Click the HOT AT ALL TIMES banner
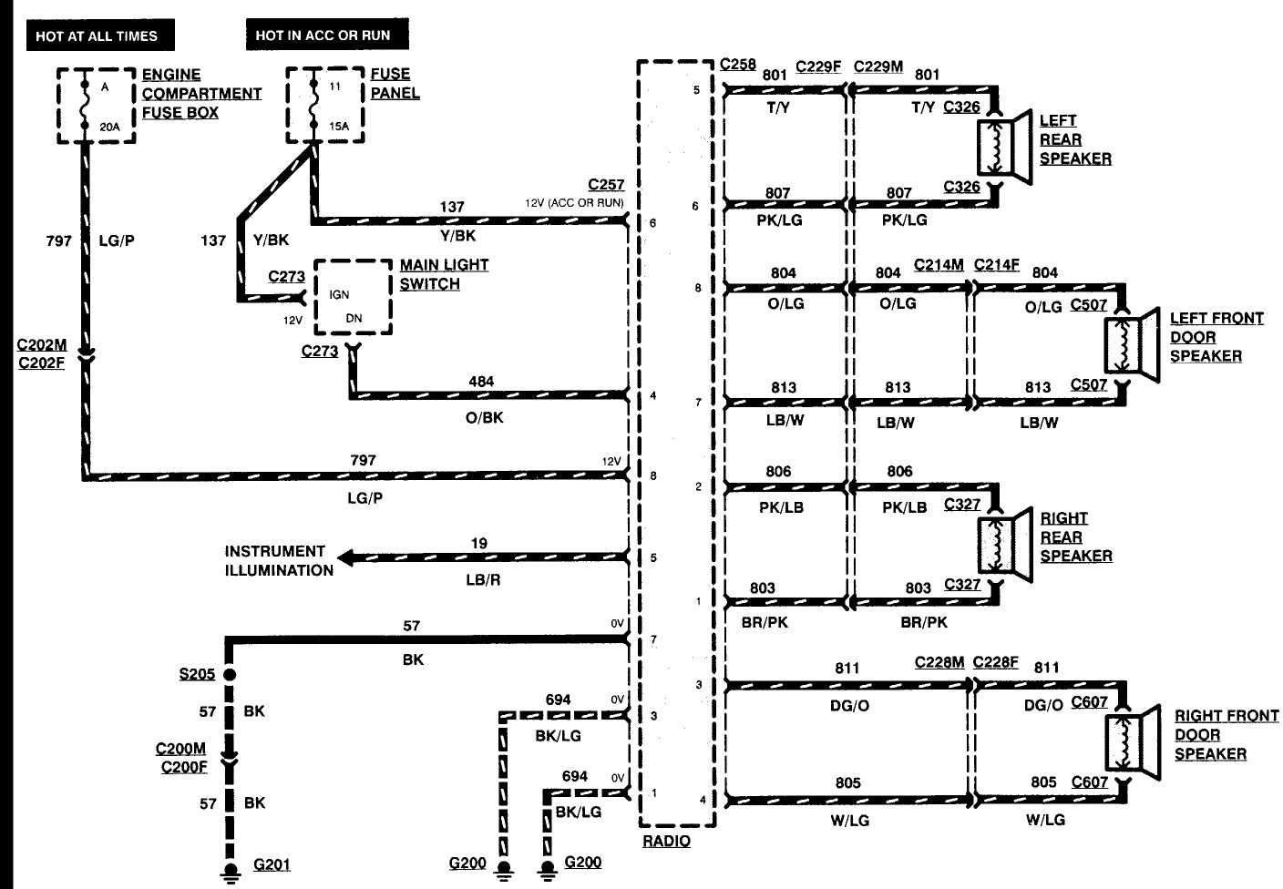tap(97, 36)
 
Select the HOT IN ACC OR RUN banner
tap(323, 36)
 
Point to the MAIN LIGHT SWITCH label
tap(444, 274)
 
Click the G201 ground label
tap(272, 864)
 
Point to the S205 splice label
tap(197, 674)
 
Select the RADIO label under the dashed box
tap(666, 842)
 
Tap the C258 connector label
tap(738, 64)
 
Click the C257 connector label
tap(606, 185)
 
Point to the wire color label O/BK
tap(484, 418)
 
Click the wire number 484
tap(481, 382)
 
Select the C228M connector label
tap(939, 662)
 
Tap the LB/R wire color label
tap(483, 580)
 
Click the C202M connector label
tap(41, 346)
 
